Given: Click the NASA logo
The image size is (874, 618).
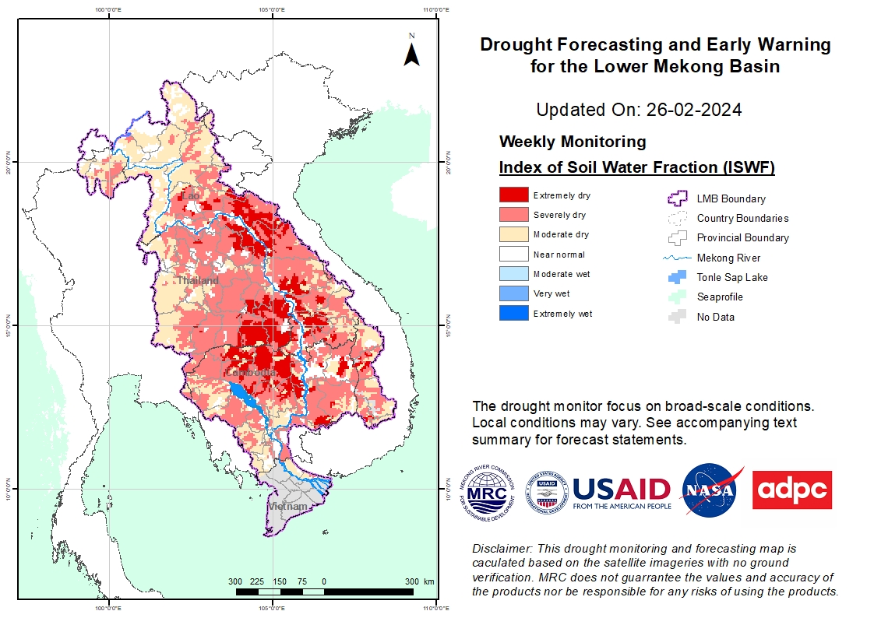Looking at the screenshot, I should [x=710, y=490].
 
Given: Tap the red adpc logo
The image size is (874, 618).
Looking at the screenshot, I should [x=791, y=490].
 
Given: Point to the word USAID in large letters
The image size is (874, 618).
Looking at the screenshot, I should [x=621, y=489].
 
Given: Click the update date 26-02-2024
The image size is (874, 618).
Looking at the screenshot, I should [x=693, y=110].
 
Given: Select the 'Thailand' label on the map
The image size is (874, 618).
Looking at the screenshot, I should [x=197, y=280].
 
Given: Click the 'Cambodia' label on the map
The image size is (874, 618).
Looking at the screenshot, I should [x=251, y=373].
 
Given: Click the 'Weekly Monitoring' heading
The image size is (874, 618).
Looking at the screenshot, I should [x=572, y=142].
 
